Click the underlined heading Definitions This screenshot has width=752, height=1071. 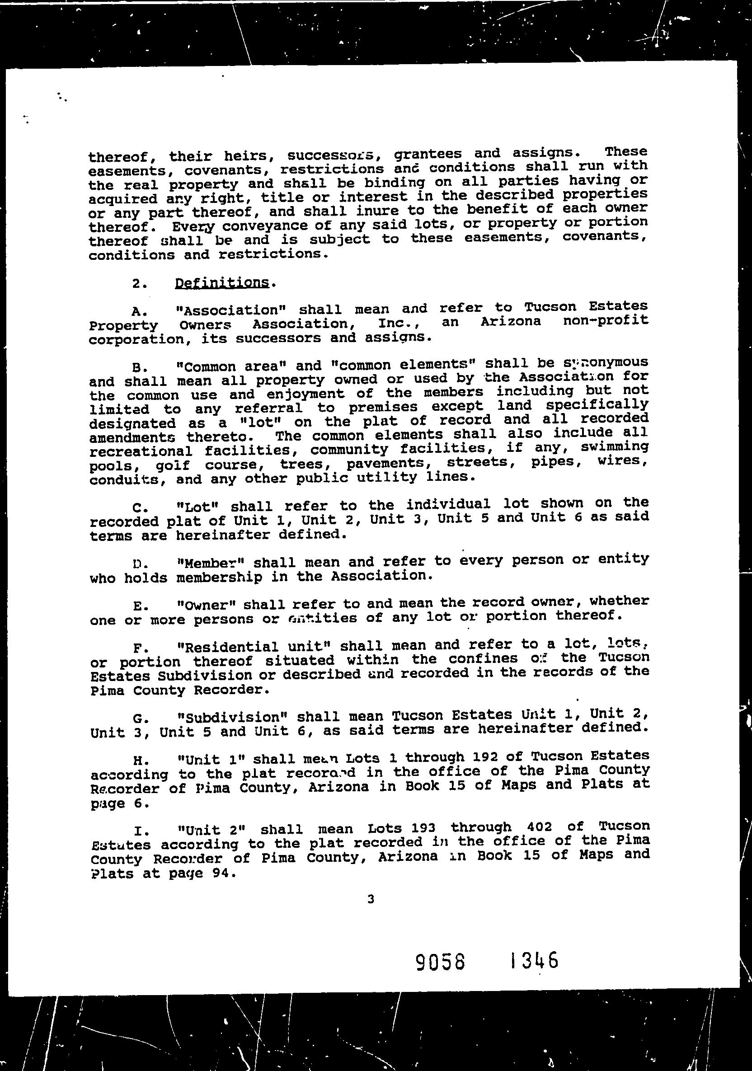(x=222, y=283)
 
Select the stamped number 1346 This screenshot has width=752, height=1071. (x=534, y=961)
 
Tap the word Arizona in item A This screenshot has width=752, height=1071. (x=510, y=321)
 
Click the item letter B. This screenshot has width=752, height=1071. (x=136, y=366)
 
